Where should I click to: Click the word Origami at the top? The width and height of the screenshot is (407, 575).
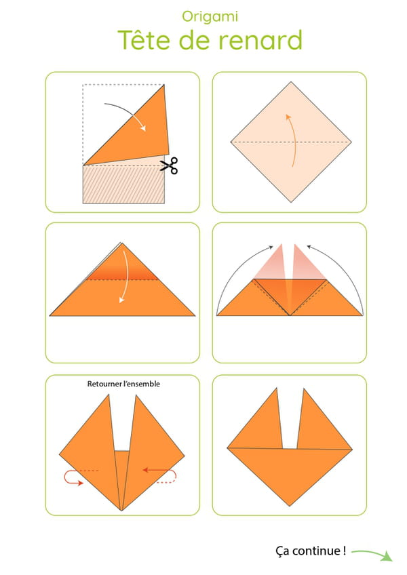(210, 17)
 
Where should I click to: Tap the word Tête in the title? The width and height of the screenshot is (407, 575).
(144, 39)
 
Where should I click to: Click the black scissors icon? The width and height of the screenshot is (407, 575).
(169, 165)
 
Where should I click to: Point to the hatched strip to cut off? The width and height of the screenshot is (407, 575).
(123, 184)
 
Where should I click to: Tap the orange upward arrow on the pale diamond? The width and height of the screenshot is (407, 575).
(292, 140)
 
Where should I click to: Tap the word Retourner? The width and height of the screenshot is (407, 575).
(104, 384)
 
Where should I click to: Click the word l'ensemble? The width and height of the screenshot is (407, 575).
(142, 384)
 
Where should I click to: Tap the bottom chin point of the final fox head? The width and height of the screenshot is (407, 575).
(290, 506)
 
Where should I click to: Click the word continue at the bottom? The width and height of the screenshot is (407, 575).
(316, 551)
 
